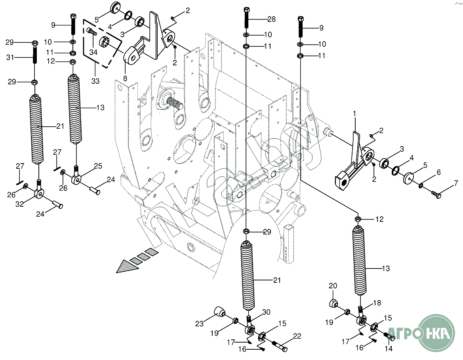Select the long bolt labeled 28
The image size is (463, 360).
coord(246,17)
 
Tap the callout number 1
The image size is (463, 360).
coord(354,113)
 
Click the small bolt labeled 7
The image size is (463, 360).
coord(436,194)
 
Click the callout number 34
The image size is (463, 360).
coord(93,51)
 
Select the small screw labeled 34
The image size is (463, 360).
coord(91,30)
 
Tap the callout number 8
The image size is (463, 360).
coord(125,78)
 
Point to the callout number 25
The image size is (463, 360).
coord(98,166)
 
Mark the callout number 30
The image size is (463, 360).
coord(266,312)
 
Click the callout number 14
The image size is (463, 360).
coord(389,349)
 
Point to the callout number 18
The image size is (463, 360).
coord(377,303)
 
